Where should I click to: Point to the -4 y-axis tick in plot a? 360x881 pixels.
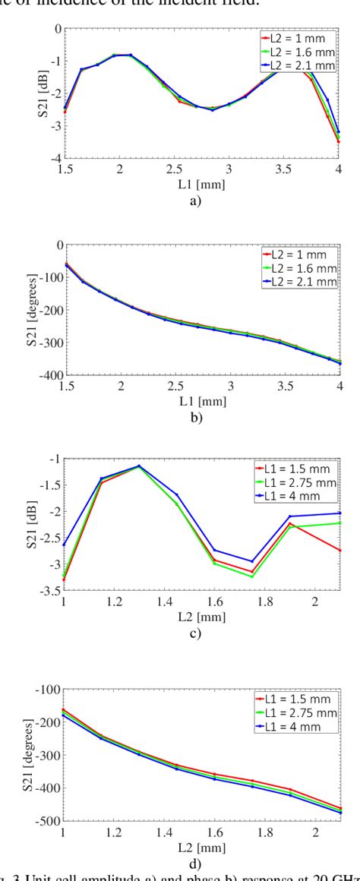55,158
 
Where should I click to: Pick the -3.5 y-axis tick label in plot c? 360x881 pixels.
50,590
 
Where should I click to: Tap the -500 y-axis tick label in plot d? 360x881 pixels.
50,821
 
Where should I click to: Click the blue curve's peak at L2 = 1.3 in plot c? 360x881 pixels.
139,466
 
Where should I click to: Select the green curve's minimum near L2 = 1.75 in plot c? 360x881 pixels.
252,577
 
